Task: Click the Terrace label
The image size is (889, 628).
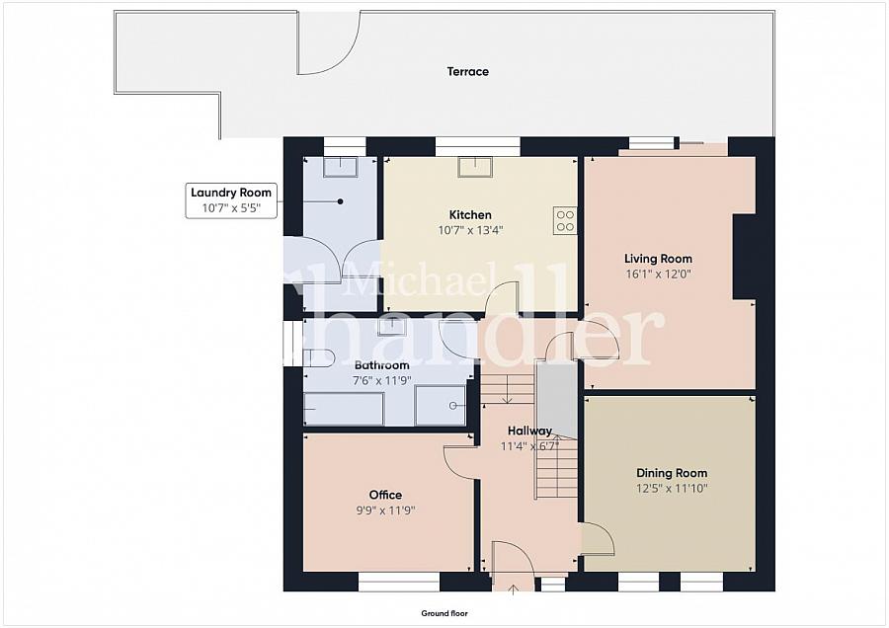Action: (468, 71)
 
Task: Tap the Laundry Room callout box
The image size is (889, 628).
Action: (231, 200)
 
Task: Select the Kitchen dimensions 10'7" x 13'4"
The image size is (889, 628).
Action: (470, 230)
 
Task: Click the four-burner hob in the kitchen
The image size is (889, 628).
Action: (565, 220)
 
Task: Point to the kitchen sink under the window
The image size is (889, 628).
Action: (476, 167)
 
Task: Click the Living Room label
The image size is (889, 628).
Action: (658, 259)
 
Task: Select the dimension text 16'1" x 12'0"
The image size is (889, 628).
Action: (658, 275)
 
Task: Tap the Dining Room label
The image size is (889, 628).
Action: (672, 473)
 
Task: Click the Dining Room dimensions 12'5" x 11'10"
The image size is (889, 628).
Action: (672, 489)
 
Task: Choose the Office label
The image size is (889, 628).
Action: (385, 495)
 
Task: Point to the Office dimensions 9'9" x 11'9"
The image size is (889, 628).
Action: (385, 510)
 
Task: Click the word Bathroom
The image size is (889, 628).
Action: (382, 365)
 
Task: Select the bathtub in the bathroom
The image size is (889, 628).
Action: (344, 409)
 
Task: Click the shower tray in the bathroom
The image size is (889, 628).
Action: (441, 405)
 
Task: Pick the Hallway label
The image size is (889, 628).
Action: (529, 431)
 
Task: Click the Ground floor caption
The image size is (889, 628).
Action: (444, 613)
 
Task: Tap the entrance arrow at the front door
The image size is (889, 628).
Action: (513, 590)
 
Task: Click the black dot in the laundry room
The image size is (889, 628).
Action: (340, 201)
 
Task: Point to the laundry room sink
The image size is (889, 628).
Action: (340, 167)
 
